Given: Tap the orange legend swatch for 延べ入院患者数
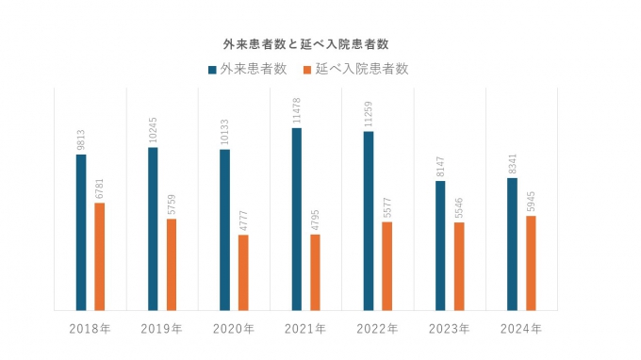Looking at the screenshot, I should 307,69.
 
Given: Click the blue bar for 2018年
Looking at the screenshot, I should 81,232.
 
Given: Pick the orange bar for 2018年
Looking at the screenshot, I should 99,256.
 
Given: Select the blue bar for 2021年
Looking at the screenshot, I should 296,219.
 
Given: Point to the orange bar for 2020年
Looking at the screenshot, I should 243,272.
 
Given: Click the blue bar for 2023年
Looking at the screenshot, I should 440,245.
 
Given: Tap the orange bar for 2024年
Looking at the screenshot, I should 531,263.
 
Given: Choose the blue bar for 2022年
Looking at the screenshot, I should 369,221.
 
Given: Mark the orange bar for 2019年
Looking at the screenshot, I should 172,264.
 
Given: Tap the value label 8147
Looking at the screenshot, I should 440,165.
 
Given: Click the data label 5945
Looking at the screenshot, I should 531,200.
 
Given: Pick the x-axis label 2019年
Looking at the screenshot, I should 161,329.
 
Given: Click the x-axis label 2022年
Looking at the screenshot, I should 377,329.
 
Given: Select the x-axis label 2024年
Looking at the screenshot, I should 521,329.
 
